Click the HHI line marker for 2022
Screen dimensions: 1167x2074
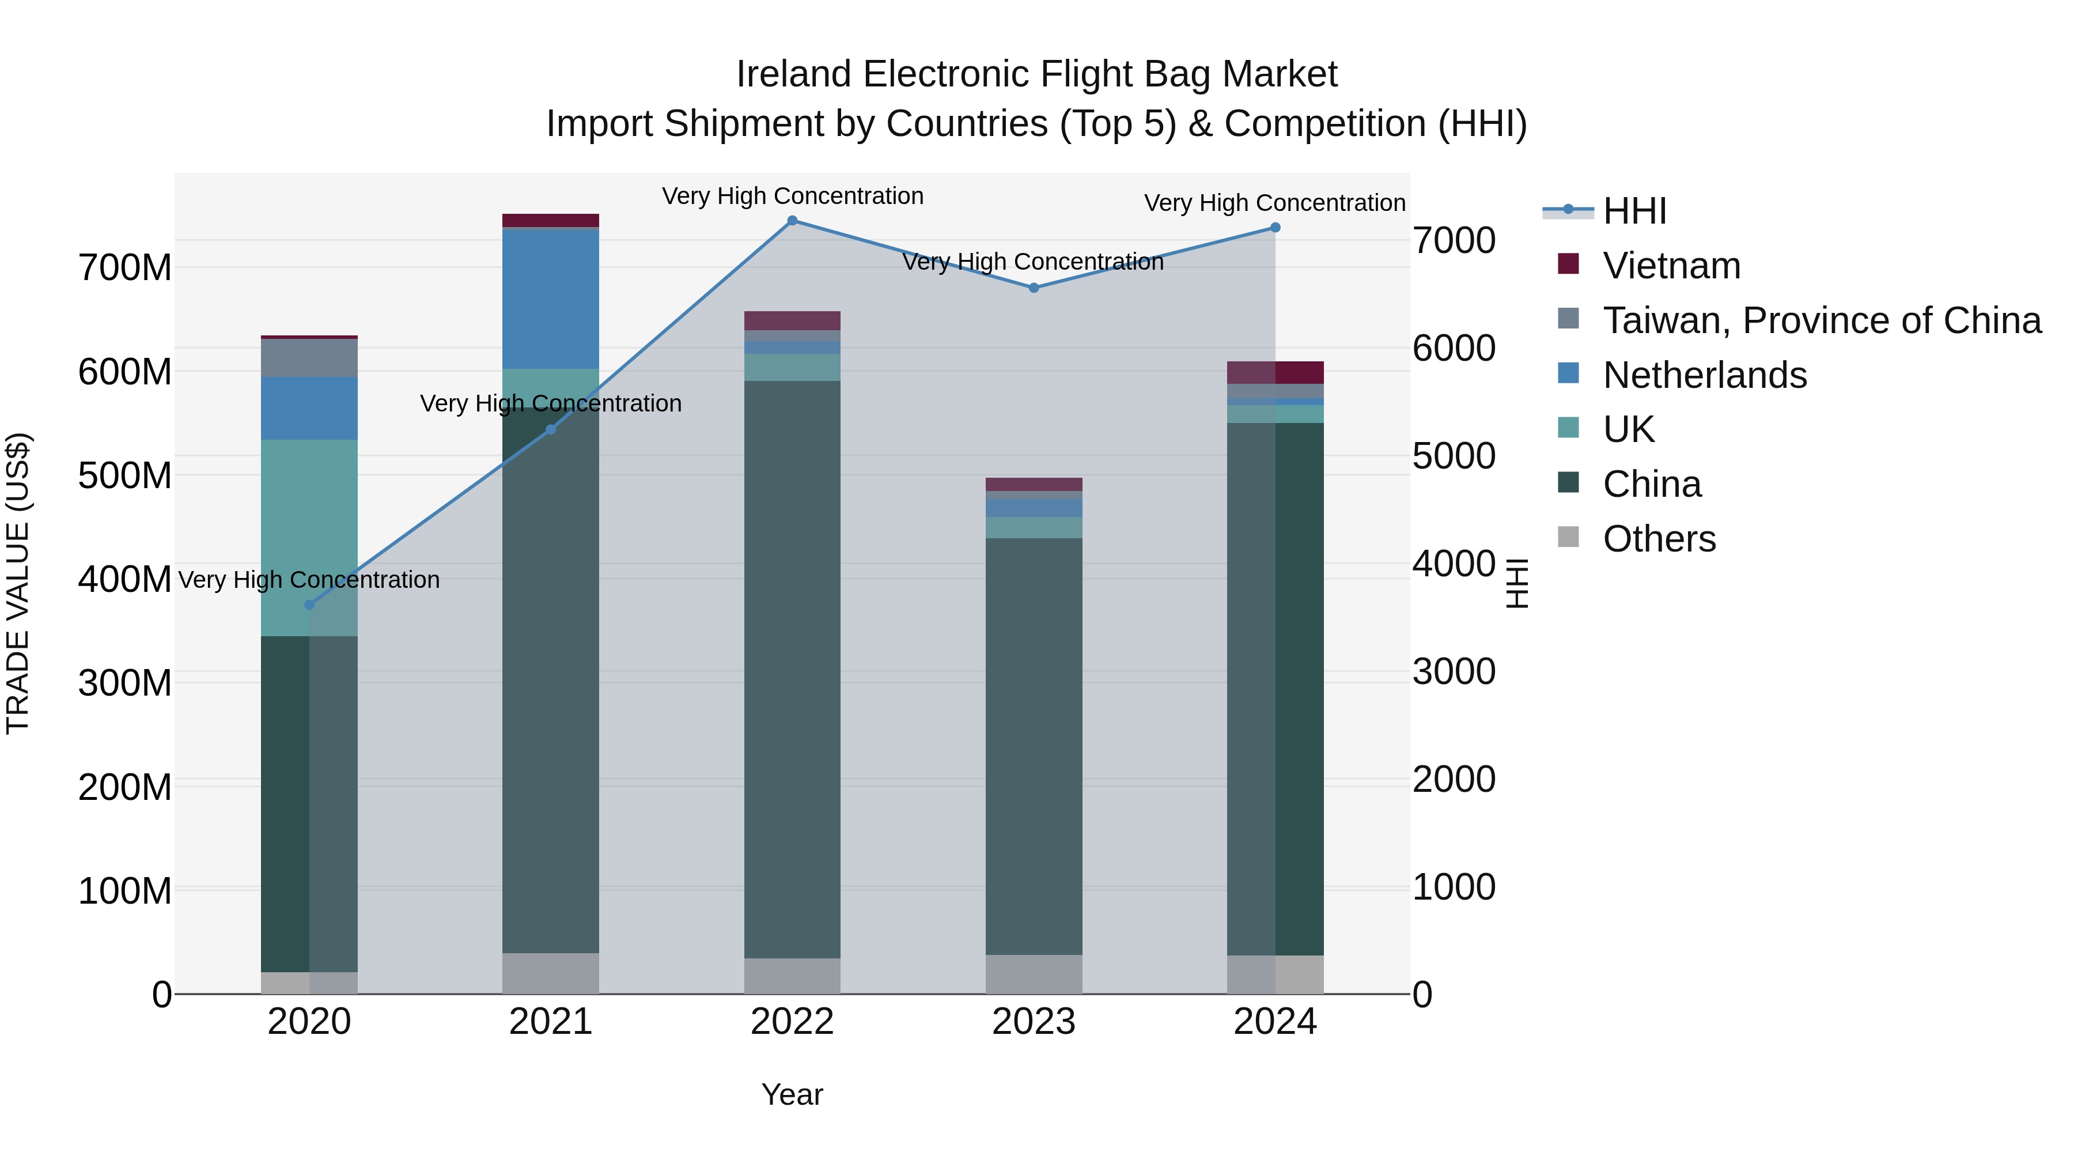coord(792,221)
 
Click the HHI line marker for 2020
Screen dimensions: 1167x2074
coord(309,605)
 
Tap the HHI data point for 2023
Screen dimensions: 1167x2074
coord(1034,288)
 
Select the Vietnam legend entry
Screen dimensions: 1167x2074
coord(1671,266)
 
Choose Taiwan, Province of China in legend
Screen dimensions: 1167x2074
coord(1821,320)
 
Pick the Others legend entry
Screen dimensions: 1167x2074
coord(1659,539)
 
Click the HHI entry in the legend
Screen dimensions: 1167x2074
coord(1634,211)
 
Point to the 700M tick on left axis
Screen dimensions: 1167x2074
coord(125,267)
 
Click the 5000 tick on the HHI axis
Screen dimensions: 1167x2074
coord(1454,456)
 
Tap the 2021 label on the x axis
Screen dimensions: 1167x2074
coord(551,1022)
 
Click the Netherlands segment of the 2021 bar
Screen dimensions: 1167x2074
coord(551,299)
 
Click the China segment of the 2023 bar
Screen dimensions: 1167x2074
coord(1034,745)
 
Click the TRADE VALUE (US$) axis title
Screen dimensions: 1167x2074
coord(18,583)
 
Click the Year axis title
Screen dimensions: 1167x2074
coord(792,1094)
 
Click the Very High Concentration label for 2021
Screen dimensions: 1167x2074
coord(551,403)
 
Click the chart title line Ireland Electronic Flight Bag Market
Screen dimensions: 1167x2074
coord(1036,74)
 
